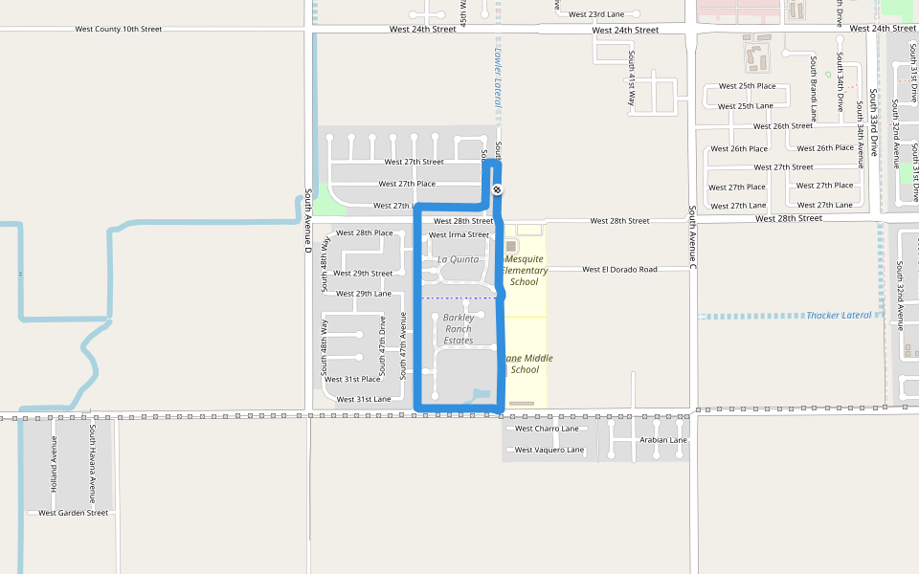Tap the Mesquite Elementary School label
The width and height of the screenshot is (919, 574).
525,270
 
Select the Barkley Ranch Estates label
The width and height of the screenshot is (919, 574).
459,329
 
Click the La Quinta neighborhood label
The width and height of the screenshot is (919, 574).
458,259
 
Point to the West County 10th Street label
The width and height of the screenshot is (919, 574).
119,30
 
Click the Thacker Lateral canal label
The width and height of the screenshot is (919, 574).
839,316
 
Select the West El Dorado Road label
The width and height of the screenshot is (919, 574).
619,270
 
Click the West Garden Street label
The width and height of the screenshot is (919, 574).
74,513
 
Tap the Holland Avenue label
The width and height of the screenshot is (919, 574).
54,464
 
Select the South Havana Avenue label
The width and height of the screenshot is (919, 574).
93,464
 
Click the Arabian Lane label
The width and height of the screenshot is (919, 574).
663,440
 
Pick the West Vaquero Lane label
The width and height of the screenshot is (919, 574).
549,450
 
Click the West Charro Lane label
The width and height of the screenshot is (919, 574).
547,429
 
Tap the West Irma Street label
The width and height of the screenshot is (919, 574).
459,234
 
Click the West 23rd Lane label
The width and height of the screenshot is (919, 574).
595,14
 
